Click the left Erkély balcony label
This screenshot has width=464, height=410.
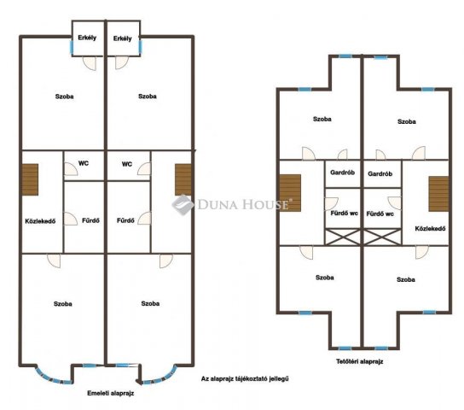coord(87,38)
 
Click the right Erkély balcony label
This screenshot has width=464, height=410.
coord(123,38)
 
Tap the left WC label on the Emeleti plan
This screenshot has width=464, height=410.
coord(84,163)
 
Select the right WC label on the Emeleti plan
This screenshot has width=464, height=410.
coord(127,164)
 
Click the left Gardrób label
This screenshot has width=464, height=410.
coord(342,173)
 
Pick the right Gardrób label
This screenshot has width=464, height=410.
coord(380,173)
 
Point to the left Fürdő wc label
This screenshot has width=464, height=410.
coord(344,213)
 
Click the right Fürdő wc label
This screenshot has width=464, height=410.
coord(380,214)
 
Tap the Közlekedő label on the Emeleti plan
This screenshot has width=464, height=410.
coord(40,221)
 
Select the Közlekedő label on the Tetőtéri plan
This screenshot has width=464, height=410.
coord(430,228)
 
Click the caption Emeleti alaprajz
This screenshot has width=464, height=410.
coord(110,393)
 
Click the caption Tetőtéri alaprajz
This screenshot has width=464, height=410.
coord(360,361)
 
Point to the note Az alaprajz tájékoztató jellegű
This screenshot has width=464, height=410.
coord(245,378)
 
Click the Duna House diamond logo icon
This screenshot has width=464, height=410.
coord(183,204)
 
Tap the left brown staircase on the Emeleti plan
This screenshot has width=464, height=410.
coord(30,179)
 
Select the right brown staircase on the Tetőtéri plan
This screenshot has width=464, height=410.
coord(438,194)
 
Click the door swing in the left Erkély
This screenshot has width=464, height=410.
coord(90,63)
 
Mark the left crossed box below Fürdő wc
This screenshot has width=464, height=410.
coord(343,237)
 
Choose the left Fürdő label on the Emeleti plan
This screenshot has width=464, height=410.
coord(90,220)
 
